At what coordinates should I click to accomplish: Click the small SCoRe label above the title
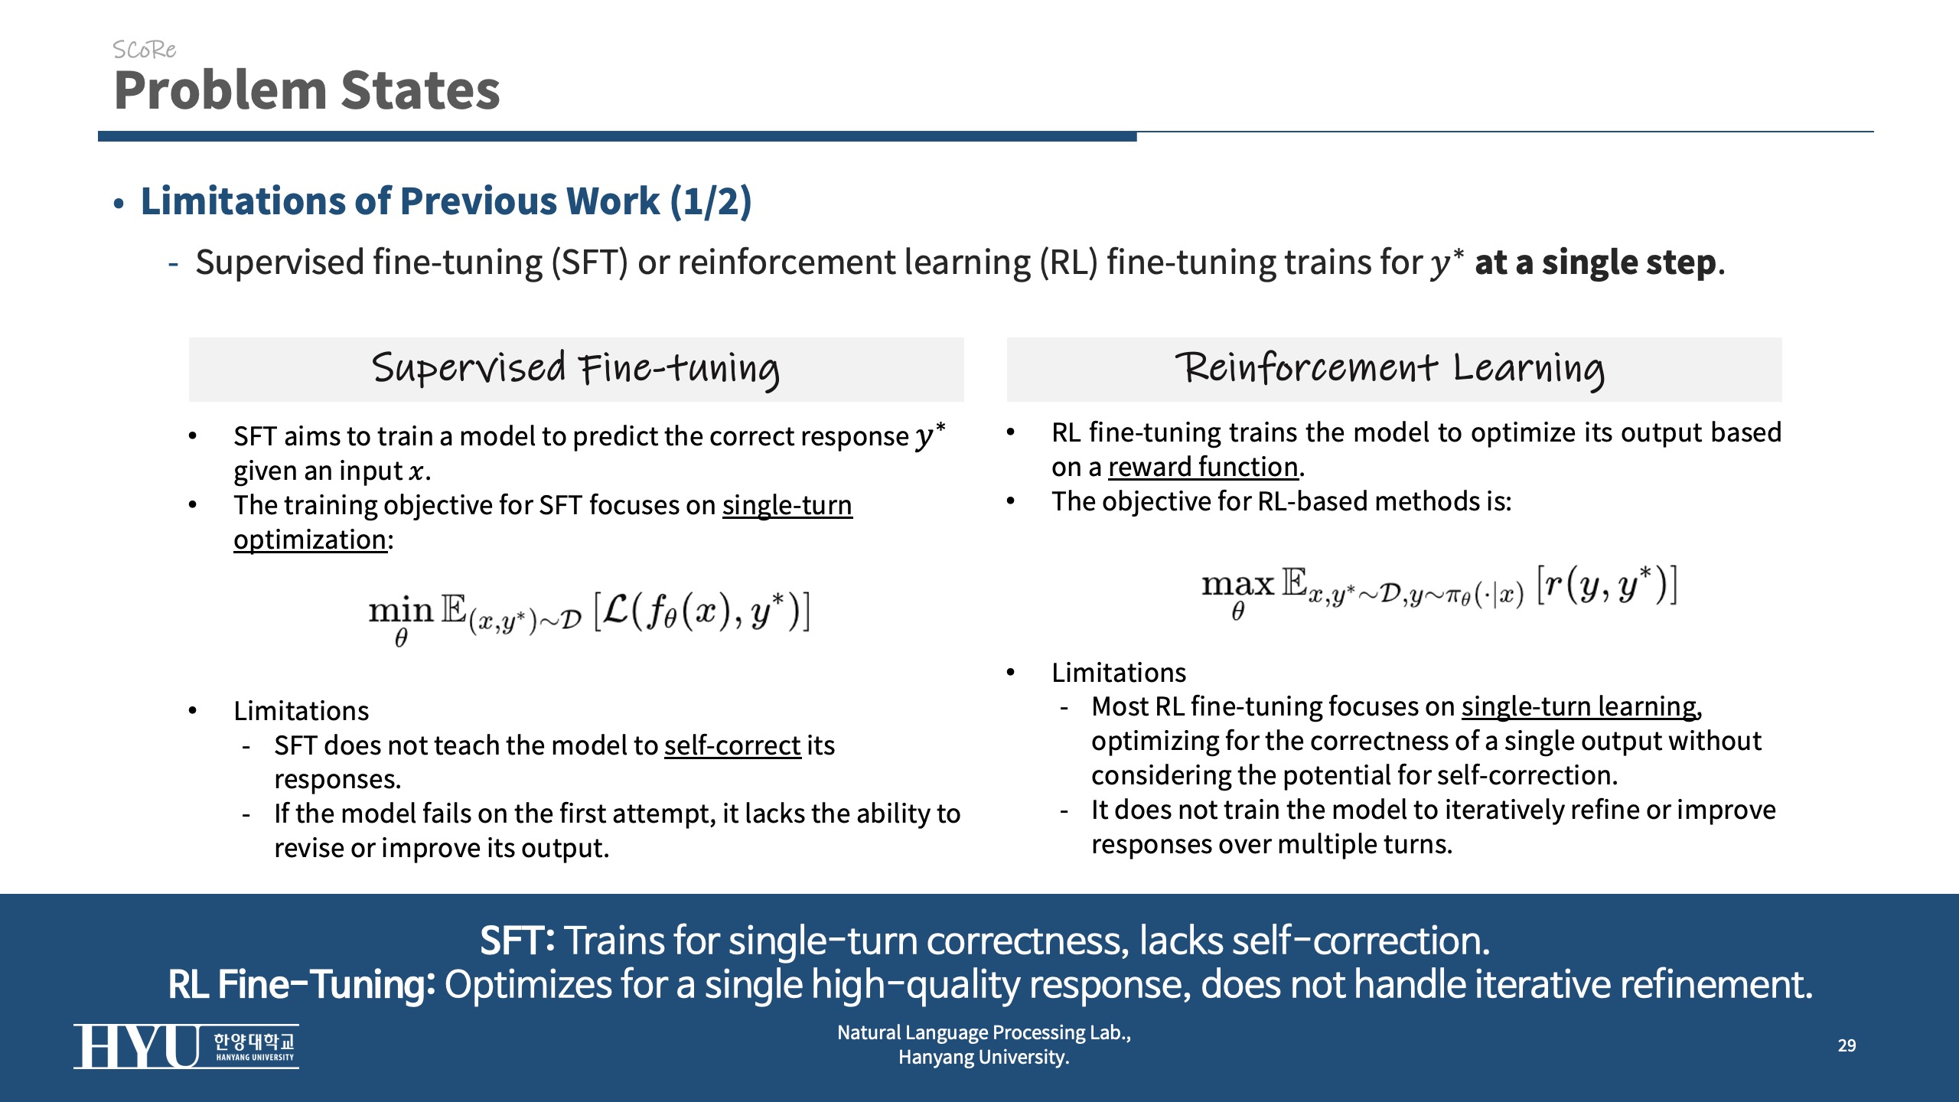point(144,50)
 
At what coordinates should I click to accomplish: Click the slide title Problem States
point(307,90)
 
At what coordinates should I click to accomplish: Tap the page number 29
point(1847,1045)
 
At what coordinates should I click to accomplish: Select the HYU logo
point(186,1046)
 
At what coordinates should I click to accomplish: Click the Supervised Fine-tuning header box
point(576,370)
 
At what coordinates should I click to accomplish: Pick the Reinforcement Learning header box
point(1394,370)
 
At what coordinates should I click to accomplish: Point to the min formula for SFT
point(589,617)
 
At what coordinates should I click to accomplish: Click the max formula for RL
point(1439,591)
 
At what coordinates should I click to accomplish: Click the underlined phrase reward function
point(1203,467)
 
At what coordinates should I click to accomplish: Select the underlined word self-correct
point(732,745)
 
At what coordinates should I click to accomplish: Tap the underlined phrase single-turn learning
point(1579,707)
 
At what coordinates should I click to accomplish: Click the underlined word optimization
point(310,540)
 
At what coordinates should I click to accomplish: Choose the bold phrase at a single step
point(1596,262)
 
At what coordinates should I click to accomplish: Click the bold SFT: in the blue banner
point(517,941)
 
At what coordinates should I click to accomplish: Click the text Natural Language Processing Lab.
point(983,1032)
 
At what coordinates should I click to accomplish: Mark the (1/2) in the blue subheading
point(711,201)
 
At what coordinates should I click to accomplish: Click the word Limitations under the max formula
point(1119,673)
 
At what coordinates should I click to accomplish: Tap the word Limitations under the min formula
point(302,711)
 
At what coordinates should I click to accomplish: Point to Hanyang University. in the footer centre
point(983,1058)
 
